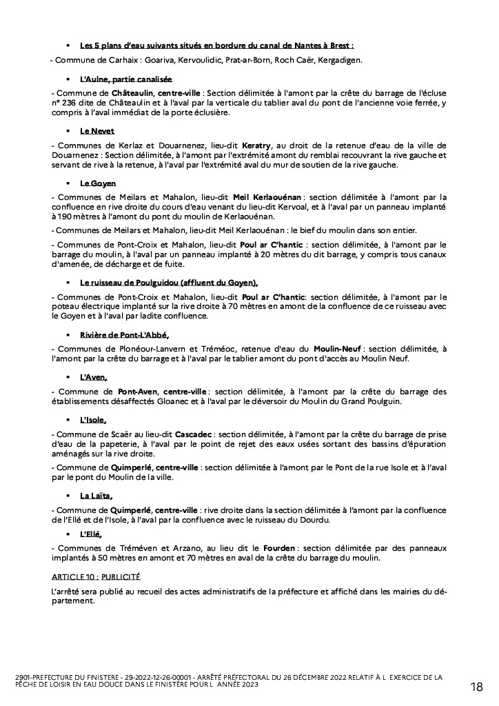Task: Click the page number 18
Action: [x=476, y=686]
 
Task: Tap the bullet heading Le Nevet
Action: [x=97, y=131]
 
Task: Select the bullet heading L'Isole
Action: [x=94, y=419]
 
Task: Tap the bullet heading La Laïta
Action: [x=96, y=495]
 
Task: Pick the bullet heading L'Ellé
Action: [x=92, y=534]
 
